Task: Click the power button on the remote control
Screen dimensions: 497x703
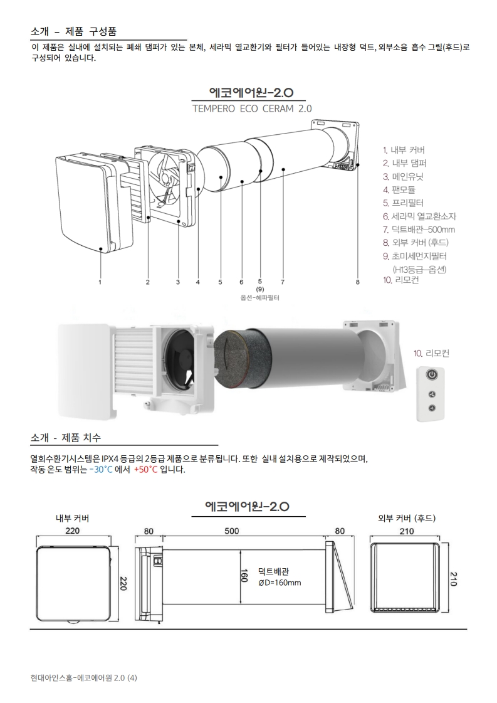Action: pos(432,374)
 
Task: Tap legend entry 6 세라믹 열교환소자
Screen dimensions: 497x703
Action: pos(419,216)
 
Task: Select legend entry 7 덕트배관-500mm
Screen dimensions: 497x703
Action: pos(419,230)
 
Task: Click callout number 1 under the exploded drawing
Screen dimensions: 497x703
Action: pos(100,282)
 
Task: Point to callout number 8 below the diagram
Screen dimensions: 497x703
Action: pos(358,282)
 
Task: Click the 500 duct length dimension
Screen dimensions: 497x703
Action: pos(232,531)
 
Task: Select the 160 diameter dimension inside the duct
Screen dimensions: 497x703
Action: pos(244,575)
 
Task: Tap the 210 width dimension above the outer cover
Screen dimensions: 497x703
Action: pos(407,531)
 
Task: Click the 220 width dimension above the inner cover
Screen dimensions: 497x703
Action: pos(72,531)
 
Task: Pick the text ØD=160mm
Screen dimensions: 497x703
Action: pos(280,583)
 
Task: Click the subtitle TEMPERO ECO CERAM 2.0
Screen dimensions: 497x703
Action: pos(252,108)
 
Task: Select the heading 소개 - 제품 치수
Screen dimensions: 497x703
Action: pos(66,438)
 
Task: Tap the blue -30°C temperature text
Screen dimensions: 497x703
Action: pos(101,470)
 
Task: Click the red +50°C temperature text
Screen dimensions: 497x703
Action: pos(145,470)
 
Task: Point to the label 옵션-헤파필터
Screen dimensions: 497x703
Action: pos(260,298)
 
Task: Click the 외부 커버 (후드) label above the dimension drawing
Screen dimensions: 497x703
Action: pos(407,518)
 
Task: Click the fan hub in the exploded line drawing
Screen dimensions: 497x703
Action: pos(166,180)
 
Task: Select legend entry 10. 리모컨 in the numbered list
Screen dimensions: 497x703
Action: pos(401,280)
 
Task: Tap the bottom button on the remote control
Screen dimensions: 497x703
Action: pos(432,408)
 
